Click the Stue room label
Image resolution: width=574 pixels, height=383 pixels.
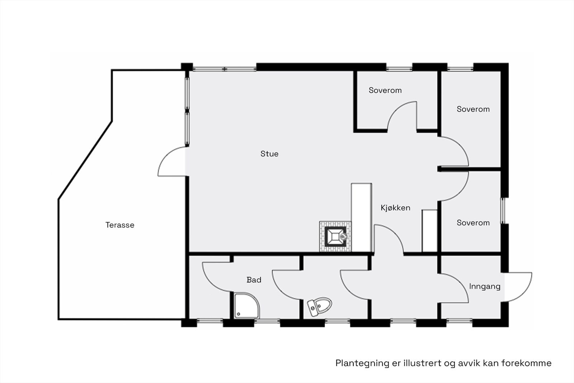click(269, 154)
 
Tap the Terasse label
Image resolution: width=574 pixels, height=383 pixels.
click(120, 225)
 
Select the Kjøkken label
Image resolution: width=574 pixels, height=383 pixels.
click(395, 208)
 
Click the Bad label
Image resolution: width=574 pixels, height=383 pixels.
click(254, 280)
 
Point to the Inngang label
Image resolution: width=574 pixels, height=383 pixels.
click(484, 286)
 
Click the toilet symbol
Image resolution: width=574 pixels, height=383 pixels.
click(320, 307)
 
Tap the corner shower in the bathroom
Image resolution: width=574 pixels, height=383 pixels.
click(246, 305)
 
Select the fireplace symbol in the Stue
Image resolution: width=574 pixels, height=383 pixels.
click(335, 236)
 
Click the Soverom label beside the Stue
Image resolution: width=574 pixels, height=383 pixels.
click(385, 90)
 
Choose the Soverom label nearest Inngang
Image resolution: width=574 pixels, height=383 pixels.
click(473, 223)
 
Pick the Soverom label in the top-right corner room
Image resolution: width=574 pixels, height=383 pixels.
click(473, 109)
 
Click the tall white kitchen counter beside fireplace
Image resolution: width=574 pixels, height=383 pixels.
click(361, 217)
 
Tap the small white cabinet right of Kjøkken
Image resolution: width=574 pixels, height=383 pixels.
click(429, 231)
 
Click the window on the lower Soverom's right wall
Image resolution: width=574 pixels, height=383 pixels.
click(503, 211)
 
